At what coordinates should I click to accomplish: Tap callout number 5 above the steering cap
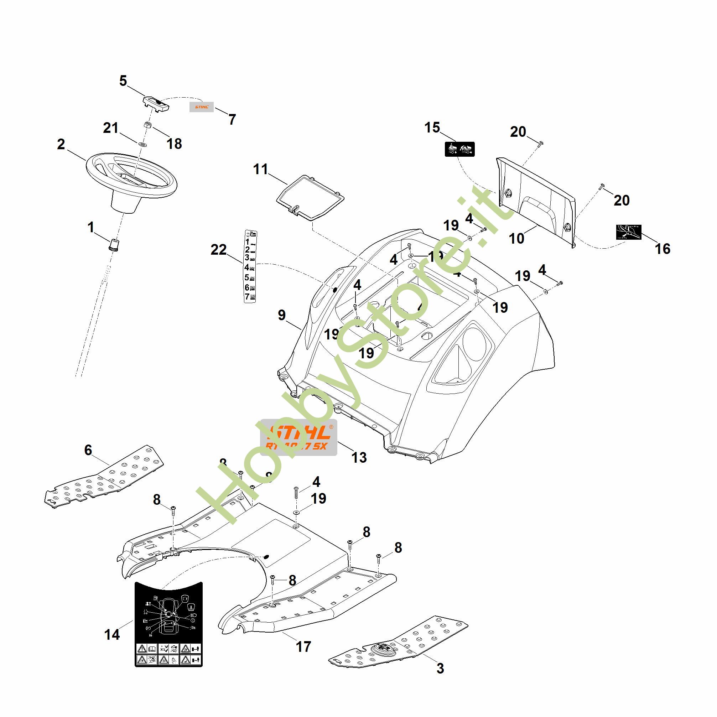(x=123, y=81)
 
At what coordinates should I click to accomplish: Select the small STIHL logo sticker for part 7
(x=202, y=107)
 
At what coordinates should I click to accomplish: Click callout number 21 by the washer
(x=110, y=128)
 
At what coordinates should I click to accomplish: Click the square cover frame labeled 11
(x=310, y=198)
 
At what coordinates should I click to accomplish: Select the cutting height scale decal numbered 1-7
(x=250, y=266)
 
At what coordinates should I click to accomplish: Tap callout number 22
(x=219, y=250)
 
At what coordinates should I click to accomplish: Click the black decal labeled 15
(x=459, y=149)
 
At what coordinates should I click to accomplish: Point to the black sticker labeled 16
(x=629, y=232)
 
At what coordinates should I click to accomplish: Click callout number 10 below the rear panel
(x=516, y=238)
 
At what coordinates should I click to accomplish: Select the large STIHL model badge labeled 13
(x=298, y=437)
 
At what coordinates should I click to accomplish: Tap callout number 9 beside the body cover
(x=282, y=315)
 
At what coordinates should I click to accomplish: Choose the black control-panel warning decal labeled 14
(x=168, y=623)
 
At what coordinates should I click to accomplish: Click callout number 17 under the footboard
(x=303, y=646)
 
